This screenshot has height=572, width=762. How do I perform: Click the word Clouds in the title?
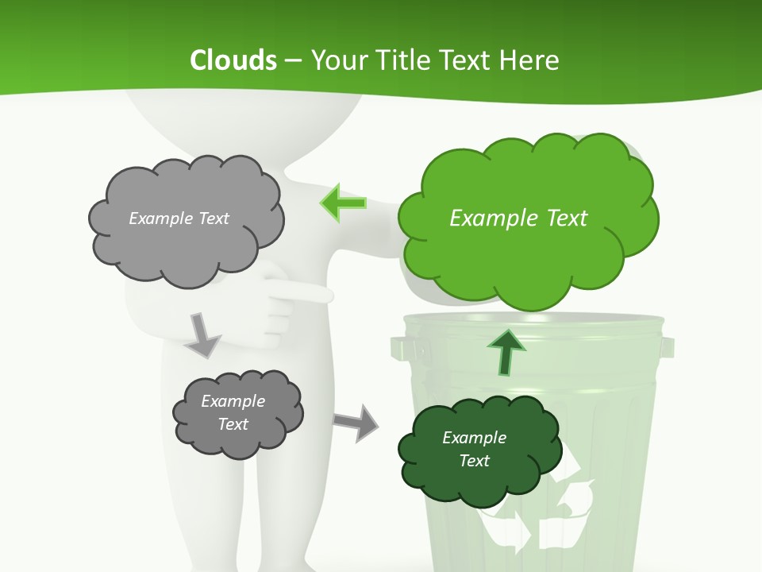pos(233,60)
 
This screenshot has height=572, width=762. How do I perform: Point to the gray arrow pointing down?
pos(202,334)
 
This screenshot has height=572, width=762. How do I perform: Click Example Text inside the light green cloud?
pos(518,218)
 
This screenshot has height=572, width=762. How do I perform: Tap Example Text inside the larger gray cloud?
pos(179,218)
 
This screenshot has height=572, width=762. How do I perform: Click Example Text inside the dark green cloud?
pos(474,449)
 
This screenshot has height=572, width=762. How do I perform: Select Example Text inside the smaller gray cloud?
pos(233,412)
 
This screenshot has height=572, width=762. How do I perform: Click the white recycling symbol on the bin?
pos(540,508)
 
